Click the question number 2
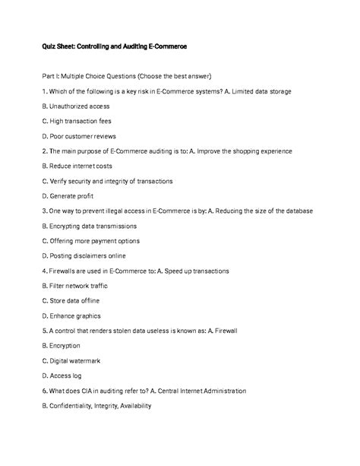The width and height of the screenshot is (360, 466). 45,151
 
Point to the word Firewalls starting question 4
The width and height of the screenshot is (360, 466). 68,271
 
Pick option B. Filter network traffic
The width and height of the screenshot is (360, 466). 75,286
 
